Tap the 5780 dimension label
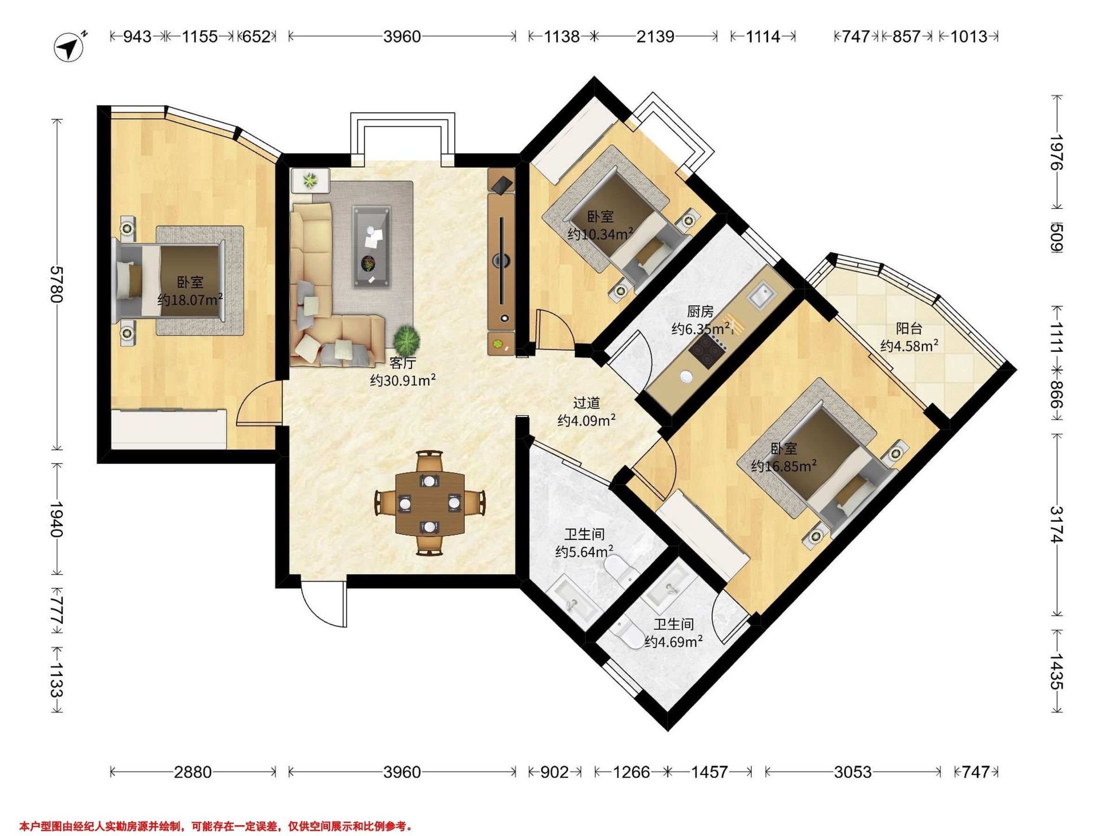57,284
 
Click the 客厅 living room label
403,363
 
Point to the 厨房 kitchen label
700,312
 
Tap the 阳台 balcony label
909,328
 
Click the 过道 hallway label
587,403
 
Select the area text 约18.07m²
190,300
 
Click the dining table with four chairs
429,503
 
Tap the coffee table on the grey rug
372,247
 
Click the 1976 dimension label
1057,152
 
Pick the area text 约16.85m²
784,466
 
